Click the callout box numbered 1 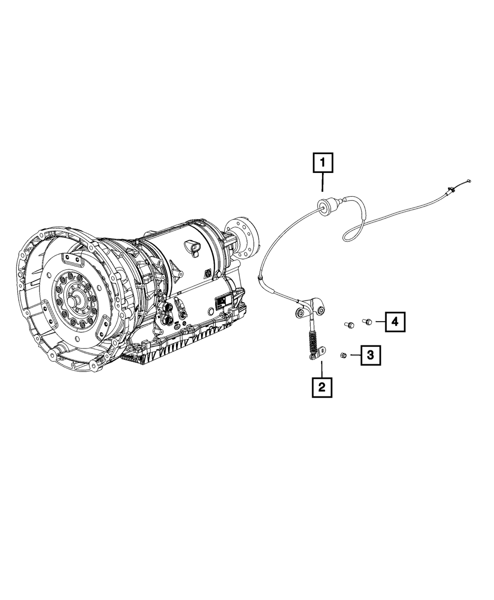coord(322,164)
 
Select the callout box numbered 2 coord(322,387)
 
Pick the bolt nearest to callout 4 coord(367,321)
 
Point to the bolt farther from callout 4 coord(348,325)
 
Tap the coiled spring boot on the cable coord(313,341)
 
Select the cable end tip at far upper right coord(469,181)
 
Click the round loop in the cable coord(356,229)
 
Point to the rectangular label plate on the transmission coord(221,303)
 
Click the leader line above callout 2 coord(322,369)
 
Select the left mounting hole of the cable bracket coord(299,312)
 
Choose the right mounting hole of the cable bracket coord(321,310)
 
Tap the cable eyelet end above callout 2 coord(311,356)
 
